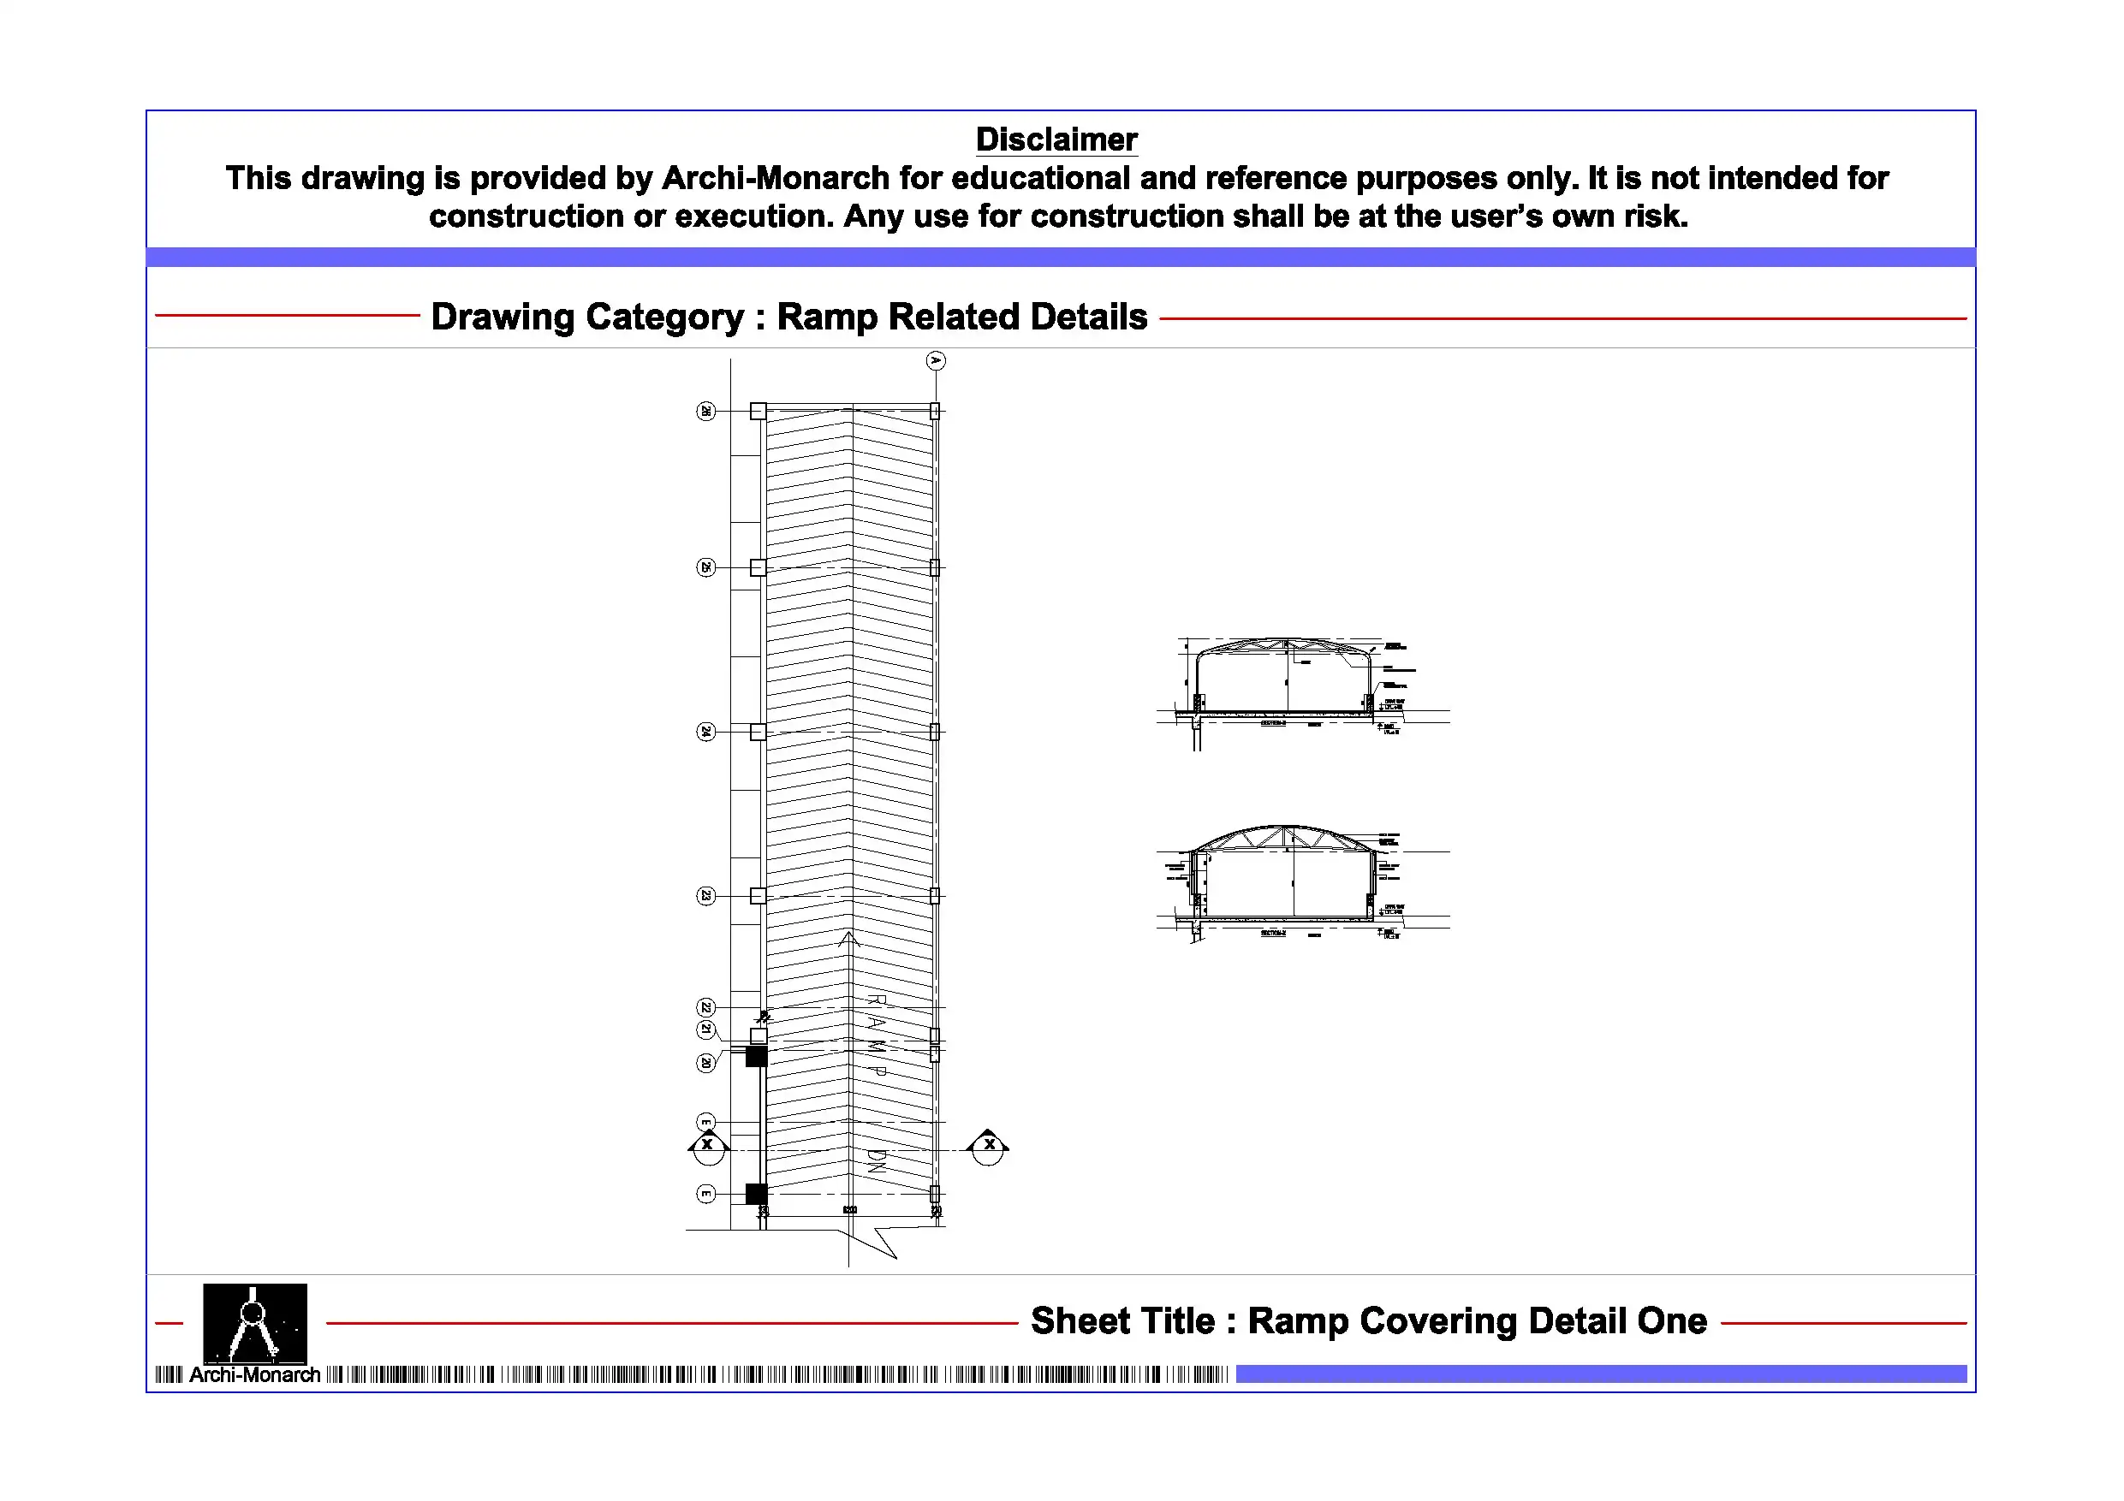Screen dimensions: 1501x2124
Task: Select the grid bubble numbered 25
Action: pos(705,567)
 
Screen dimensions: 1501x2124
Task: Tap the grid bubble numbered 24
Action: pos(705,732)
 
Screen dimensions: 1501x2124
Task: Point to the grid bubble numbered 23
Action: pos(705,895)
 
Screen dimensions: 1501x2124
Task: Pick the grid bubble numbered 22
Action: pos(705,1007)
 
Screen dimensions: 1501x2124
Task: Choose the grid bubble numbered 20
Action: pos(705,1063)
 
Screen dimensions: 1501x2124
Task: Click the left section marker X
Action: pos(708,1146)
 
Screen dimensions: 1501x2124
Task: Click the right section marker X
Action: pos(989,1146)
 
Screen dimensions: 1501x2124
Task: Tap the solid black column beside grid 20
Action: pos(757,1055)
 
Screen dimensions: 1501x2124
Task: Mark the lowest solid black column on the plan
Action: pos(757,1194)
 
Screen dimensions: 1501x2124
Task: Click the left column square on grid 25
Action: pos(758,567)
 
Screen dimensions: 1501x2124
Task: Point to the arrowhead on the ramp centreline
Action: pos(849,939)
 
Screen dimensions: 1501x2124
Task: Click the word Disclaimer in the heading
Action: pos(1056,139)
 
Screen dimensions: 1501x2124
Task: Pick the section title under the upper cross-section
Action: pos(1274,723)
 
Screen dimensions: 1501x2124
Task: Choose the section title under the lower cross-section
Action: pos(1274,933)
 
